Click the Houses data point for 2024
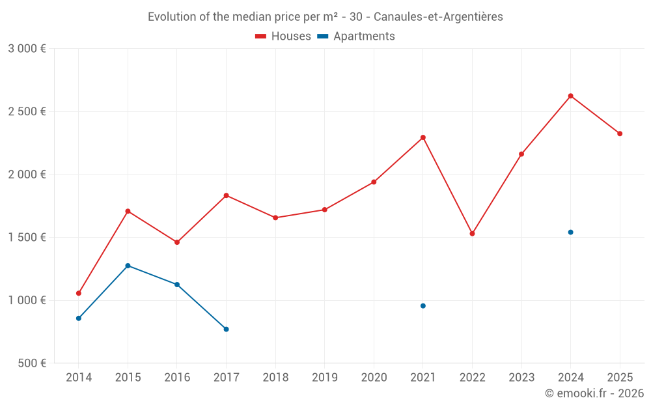570,96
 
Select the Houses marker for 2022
472,233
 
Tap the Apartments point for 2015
128,266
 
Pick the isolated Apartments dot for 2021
423,305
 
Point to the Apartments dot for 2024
570,232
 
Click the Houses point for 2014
79,293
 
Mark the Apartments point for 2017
226,329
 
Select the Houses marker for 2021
423,137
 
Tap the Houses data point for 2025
620,133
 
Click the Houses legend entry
283,36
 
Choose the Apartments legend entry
356,36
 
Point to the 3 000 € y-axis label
27,49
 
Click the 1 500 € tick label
27,238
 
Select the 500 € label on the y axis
31,363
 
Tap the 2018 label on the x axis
275,377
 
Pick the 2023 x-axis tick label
521,377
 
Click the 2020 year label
374,377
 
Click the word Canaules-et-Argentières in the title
438,17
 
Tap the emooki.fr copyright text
594,393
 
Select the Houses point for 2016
177,242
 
